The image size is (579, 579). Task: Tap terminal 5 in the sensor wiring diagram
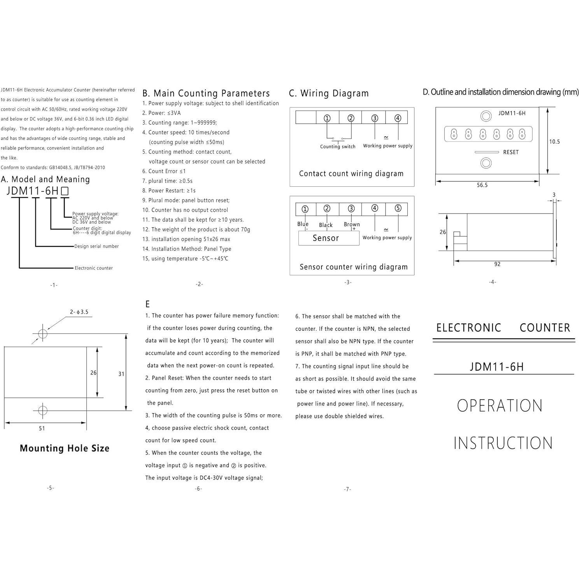pos(398,208)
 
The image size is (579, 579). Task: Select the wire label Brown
pos(351,225)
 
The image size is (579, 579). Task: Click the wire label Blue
pos(303,224)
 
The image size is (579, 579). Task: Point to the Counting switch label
pos(338,147)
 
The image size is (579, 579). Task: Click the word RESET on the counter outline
pos(511,152)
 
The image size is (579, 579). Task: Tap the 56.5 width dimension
pos(482,185)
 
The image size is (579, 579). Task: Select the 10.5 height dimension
pos(554,142)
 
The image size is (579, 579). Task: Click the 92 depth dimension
pos(497,264)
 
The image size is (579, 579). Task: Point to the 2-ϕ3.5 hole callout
pos(79,312)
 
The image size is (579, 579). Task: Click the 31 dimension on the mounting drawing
pos(121,374)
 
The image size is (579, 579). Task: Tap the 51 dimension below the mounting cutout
pos(42,428)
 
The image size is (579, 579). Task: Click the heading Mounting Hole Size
pos(65,448)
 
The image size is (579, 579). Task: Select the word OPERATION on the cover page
pos(500,406)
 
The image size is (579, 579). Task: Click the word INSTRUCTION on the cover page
pos(503,443)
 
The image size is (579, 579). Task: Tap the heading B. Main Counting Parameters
pos(206,93)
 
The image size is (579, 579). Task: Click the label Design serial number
pos(96,246)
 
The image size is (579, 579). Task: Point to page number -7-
pos(347,489)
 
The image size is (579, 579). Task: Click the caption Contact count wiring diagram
pos(351,174)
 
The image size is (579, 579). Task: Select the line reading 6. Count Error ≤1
pos(164,171)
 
